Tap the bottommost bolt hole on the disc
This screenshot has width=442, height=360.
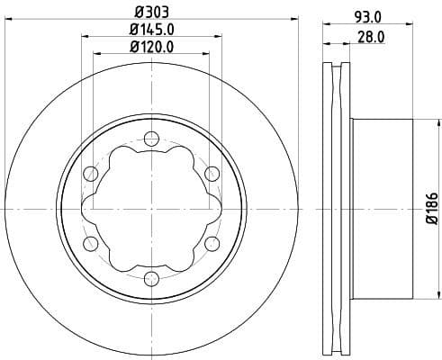[151, 278]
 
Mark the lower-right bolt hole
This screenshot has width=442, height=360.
[212, 243]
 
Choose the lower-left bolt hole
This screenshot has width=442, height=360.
[90, 243]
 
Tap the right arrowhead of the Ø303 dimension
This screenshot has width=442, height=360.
[292, 21]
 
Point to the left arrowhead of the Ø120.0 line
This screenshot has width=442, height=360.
[97, 55]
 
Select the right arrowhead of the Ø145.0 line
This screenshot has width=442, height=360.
[220, 38]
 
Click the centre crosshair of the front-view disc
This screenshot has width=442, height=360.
[151, 208]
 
